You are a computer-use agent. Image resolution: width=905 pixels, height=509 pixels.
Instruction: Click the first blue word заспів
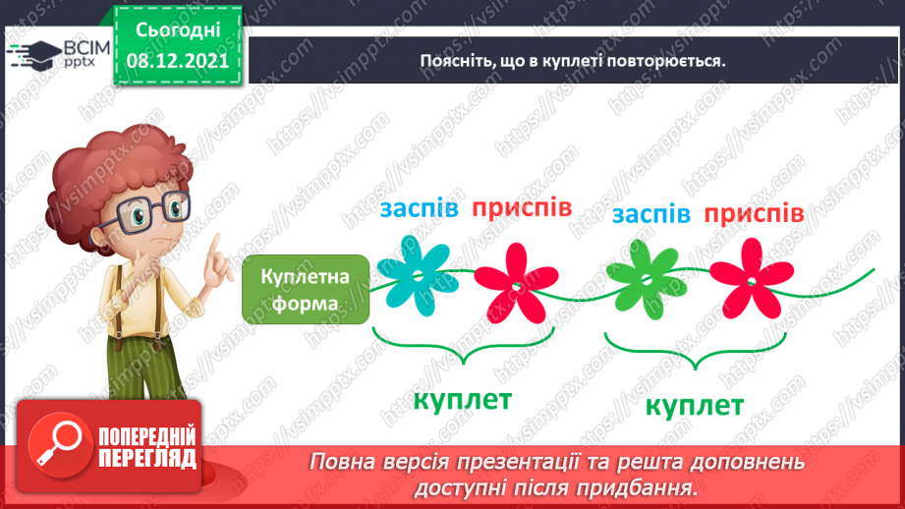[x=420, y=209]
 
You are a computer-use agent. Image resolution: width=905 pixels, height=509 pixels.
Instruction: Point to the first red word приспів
[x=521, y=208]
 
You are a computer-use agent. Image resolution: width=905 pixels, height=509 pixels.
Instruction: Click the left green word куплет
[x=462, y=400]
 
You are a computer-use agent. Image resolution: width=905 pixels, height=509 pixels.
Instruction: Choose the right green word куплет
[x=694, y=406]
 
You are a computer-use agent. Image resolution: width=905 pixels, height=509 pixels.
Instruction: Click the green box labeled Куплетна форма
[x=306, y=290]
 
